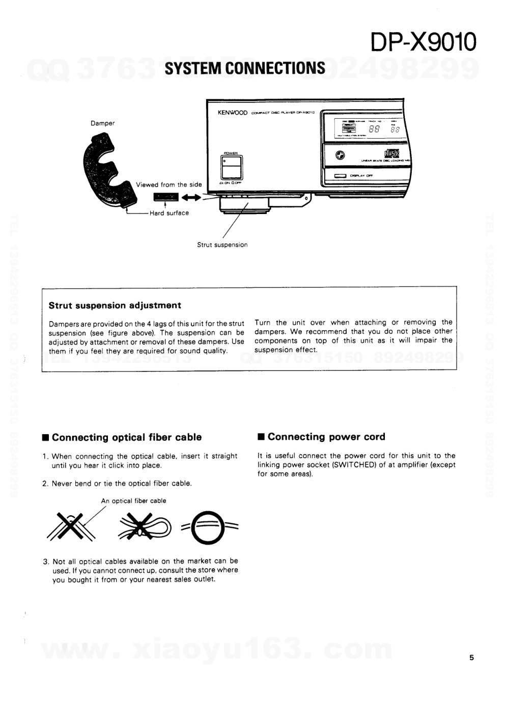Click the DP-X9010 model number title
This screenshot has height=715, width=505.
point(424,42)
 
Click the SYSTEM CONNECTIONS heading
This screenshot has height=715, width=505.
point(245,68)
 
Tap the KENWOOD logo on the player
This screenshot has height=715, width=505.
point(232,113)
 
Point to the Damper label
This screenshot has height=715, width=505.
point(103,123)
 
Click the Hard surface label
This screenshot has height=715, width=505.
point(169,213)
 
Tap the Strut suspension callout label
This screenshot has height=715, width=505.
point(222,245)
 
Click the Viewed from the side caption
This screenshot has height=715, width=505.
point(169,184)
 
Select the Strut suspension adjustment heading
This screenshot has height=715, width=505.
point(115,306)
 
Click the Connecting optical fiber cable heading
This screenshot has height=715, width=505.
point(126,437)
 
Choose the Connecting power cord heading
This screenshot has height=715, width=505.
point(326,437)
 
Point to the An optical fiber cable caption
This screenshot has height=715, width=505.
point(133,501)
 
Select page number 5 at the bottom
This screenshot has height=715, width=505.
point(471,657)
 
